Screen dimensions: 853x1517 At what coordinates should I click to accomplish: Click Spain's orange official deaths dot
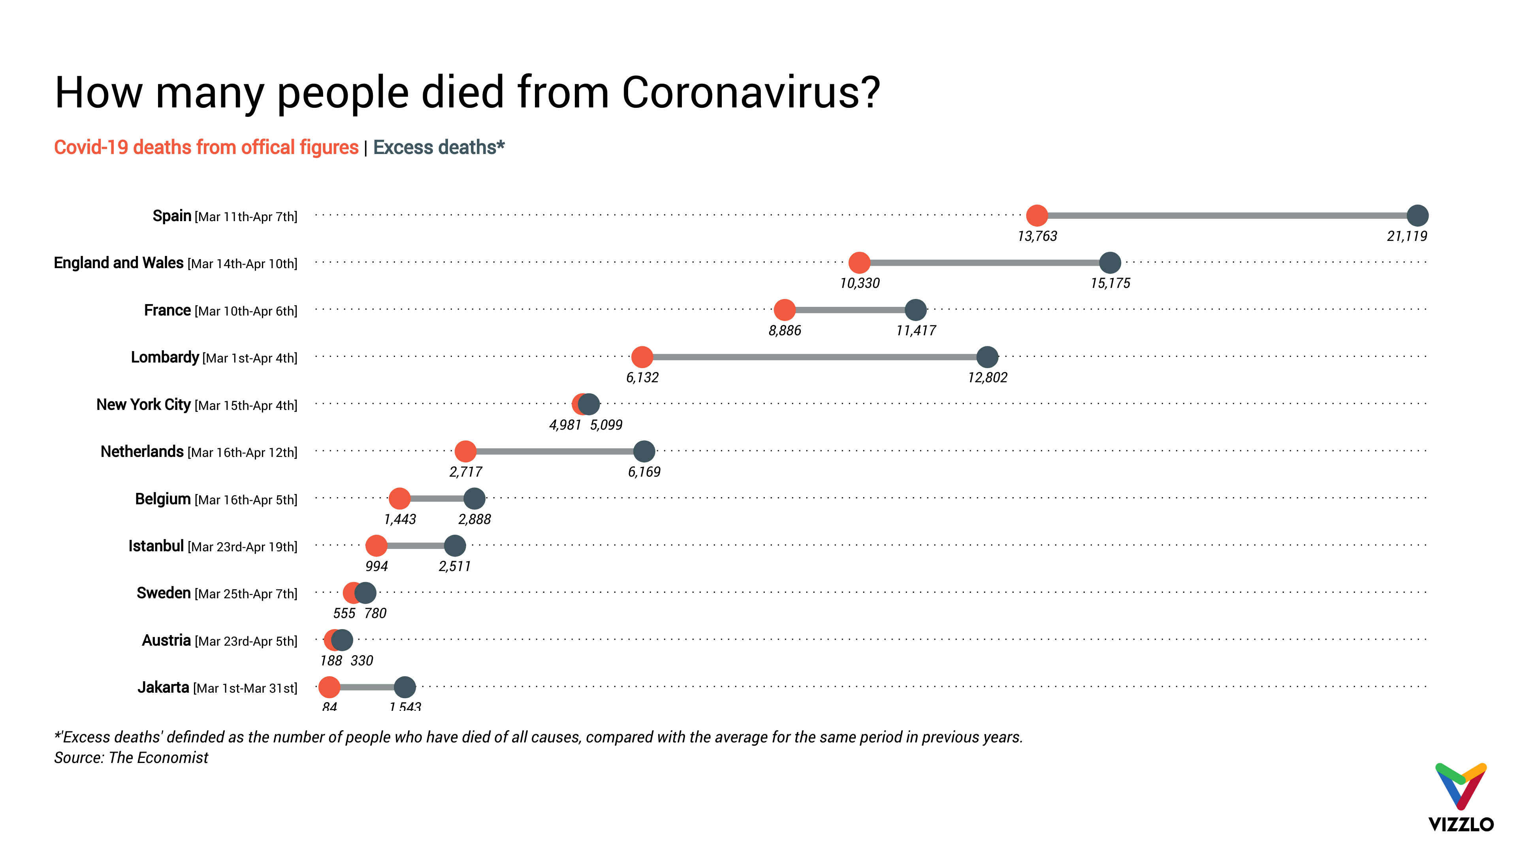pyautogui.click(x=1037, y=216)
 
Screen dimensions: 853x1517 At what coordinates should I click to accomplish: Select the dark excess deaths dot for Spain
pyautogui.click(x=1417, y=216)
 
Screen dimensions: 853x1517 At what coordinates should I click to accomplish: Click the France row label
pyautogui.click(x=220, y=310)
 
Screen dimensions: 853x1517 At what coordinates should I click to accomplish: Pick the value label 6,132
pyautogui.click(x=642, y=378)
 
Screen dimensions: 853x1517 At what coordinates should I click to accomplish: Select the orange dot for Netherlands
pyautogui.click(x=465, y=451)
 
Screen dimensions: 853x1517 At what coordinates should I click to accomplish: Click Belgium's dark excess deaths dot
pyautogui.click(x=474, y=499)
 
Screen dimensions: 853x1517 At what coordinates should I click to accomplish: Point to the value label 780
pyautogui.click(x=375, y=613)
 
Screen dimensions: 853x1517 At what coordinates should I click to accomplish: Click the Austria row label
pyautogui.click(x=219, y=641)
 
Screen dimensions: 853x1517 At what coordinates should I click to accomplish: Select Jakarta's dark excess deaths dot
pyautogui.click(x=405, y=687)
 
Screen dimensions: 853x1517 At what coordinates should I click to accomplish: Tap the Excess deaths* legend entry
pyautogui.click(x=439, y=147)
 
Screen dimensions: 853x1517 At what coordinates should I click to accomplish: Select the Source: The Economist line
pyautogui.click(x=131, y=758)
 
